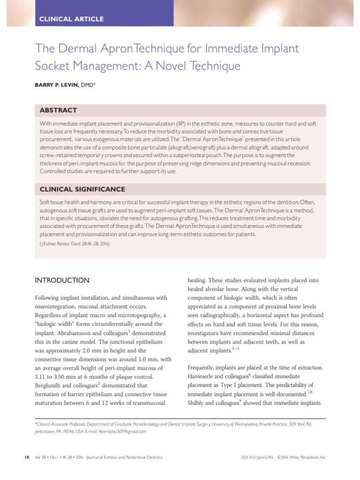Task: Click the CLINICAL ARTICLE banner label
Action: point(71,19)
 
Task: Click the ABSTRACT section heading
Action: point(58,110)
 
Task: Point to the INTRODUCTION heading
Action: point(62,280)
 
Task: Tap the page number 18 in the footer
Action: point(27,457)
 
